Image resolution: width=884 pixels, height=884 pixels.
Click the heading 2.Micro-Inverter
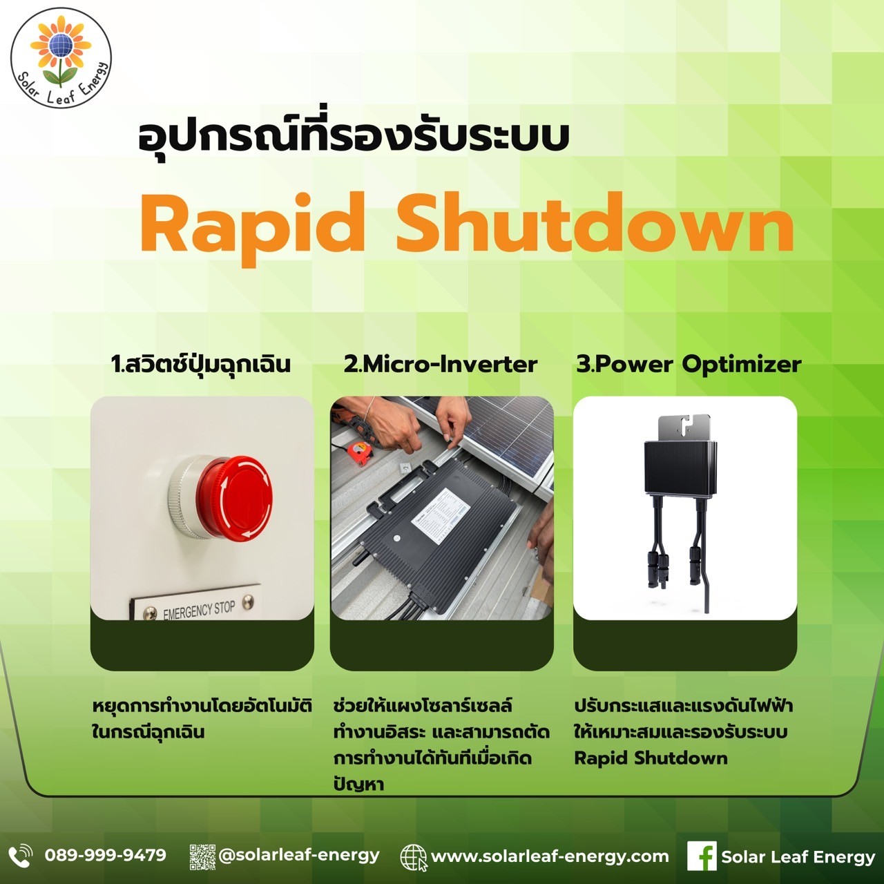click(441, 365)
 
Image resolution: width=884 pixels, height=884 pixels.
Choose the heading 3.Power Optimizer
click(689, 365)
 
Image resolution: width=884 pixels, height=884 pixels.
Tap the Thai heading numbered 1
click(201, 365)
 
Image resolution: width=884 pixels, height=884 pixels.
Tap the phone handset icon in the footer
click(21, 856)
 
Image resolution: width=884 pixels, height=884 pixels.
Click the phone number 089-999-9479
click(106, 855)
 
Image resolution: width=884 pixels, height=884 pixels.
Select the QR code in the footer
click(202, 857)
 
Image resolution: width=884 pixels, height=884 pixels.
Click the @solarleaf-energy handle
click(299, 855)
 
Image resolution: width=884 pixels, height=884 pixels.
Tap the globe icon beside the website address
click(413, 857)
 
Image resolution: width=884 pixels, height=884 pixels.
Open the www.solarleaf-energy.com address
click(550, 856)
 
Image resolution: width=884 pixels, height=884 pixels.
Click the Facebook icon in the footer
click(702, 856)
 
